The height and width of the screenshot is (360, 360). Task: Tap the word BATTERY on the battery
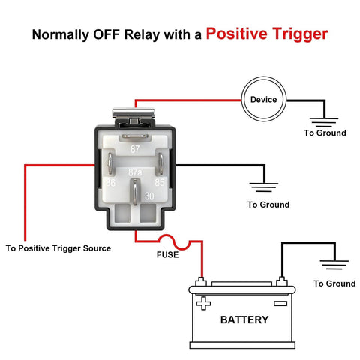coord(244,319)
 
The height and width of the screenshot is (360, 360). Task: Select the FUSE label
coord(167,254)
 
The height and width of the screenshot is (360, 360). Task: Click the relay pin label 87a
coord(136,172)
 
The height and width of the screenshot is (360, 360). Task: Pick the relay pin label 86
coord(109,182)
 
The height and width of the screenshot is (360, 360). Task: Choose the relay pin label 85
coord(160,182)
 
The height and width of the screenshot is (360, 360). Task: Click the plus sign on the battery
coord(203,304)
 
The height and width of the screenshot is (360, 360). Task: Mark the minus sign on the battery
coord(280,304)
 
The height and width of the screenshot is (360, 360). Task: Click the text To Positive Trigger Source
coord(58,247)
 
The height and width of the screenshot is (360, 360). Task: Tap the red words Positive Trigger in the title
coord(266,34)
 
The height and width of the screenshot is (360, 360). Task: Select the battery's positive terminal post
coord(200,283)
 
